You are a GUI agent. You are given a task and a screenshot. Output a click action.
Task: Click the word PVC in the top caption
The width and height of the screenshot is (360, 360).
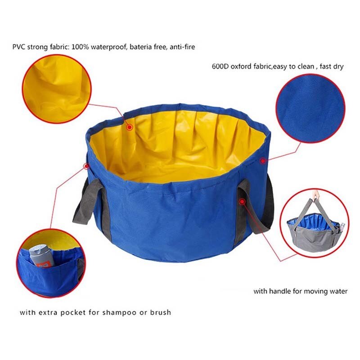(19, 47)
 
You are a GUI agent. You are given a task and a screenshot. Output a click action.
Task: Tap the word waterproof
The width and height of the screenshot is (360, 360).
(111, 47)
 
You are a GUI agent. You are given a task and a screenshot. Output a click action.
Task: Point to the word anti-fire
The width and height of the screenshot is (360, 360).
(182, 47)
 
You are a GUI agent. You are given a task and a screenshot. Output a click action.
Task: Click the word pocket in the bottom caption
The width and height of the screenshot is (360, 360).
(73, 312)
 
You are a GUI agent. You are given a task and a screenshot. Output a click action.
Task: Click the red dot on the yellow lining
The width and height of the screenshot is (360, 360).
(130, 127)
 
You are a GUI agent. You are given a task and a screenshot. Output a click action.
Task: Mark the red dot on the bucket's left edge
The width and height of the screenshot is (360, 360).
(86, 166)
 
